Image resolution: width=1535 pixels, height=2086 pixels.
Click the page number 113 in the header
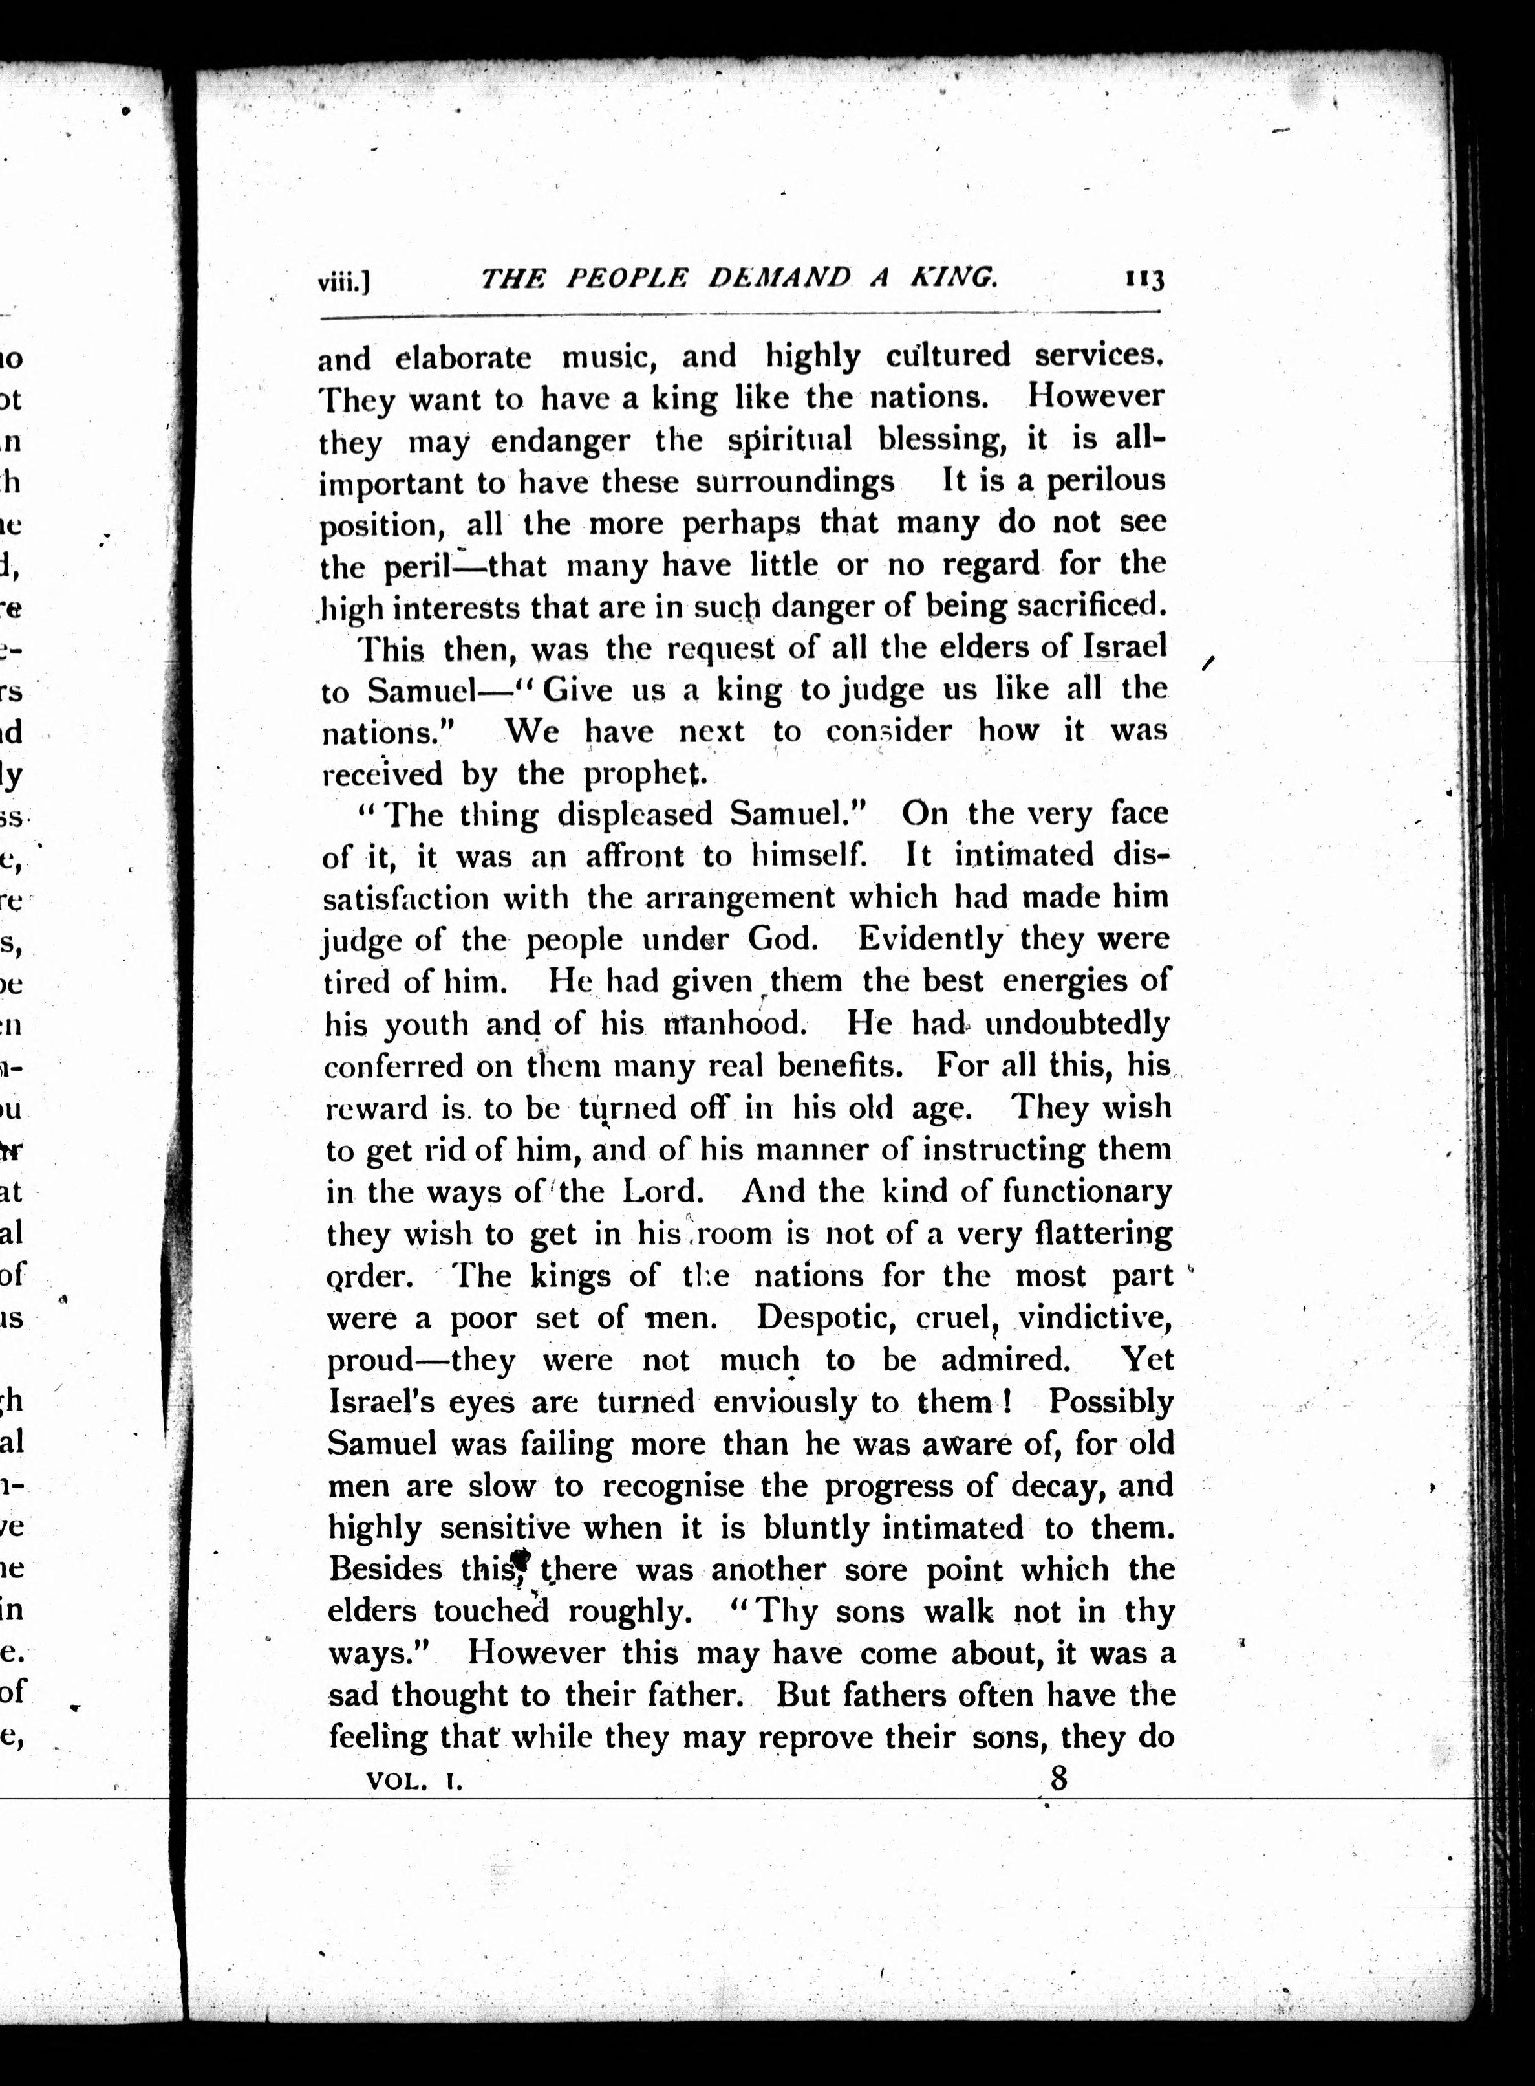1144,279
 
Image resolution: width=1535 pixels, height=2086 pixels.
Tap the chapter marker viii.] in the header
344,281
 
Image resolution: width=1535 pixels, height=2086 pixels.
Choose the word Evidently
930,939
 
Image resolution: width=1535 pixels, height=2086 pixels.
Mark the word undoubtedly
1077,1024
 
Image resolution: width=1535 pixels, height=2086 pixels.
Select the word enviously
785,1401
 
